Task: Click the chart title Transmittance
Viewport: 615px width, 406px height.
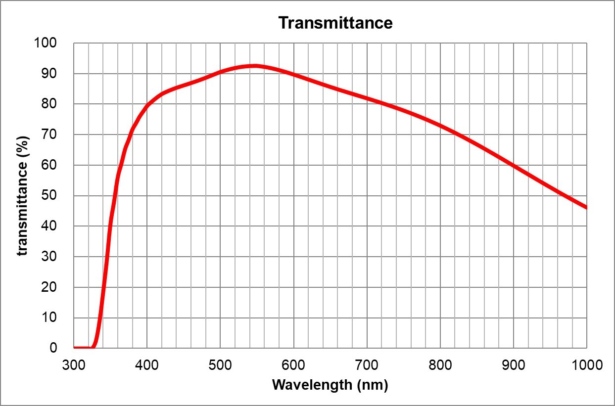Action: (x=335, y=23)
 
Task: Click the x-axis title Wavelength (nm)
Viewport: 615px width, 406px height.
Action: (x=330, y=384)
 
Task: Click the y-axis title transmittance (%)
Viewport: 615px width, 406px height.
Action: (x=22, y=196)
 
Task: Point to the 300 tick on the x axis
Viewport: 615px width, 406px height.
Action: (x=74, y=365)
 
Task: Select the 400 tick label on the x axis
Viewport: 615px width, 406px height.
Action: (x=147, y=365)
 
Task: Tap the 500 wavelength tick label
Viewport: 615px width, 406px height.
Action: (x=220, y=365)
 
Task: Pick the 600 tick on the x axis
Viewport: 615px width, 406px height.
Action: (x=293, y=365)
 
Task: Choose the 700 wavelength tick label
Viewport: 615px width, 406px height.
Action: (x=367, y=365)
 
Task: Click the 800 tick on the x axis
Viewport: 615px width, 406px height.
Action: (x=440, y=365)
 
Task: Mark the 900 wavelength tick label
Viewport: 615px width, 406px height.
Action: (x=513, y=365)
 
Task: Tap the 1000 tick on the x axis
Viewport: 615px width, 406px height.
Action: (x=586, y=365)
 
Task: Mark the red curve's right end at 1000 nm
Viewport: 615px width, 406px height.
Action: (x=586, y=208)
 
